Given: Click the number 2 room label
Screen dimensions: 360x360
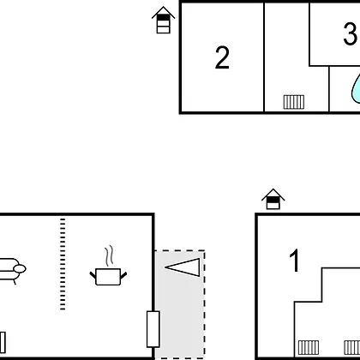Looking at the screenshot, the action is coord(222,57).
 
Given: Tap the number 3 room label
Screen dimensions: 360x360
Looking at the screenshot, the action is coord(351,33).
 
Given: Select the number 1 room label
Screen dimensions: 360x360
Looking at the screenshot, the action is coord(295,261).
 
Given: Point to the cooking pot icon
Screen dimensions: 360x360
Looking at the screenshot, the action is coord(108,277).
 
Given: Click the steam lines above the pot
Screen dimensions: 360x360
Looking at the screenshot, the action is coord(109,255).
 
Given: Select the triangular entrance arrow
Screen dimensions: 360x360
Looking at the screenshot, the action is coord(183,267).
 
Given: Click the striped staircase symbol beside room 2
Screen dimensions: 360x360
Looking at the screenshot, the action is coord(294,102).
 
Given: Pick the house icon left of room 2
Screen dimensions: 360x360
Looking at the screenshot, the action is coord(164,20).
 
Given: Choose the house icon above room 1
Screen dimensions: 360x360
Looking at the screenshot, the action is coord(273,199).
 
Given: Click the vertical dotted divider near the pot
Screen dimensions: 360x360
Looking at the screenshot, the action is coord(63,264).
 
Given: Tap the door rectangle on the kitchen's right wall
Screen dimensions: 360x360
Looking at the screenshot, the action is coord(153,329).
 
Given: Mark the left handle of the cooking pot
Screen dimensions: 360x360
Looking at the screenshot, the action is coord(93,275).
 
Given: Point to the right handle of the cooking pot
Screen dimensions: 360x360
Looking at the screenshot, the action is coord(123,275).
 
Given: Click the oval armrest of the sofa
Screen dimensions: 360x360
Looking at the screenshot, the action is coord(20,269).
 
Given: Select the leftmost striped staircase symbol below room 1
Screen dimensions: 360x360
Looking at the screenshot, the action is coord(309,348).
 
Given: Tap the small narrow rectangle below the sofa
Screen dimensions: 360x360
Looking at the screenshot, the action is coord(3,342).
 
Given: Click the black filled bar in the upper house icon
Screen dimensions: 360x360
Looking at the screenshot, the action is coord(164,17).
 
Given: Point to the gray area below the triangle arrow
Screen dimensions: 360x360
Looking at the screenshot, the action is coord(180,317).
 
